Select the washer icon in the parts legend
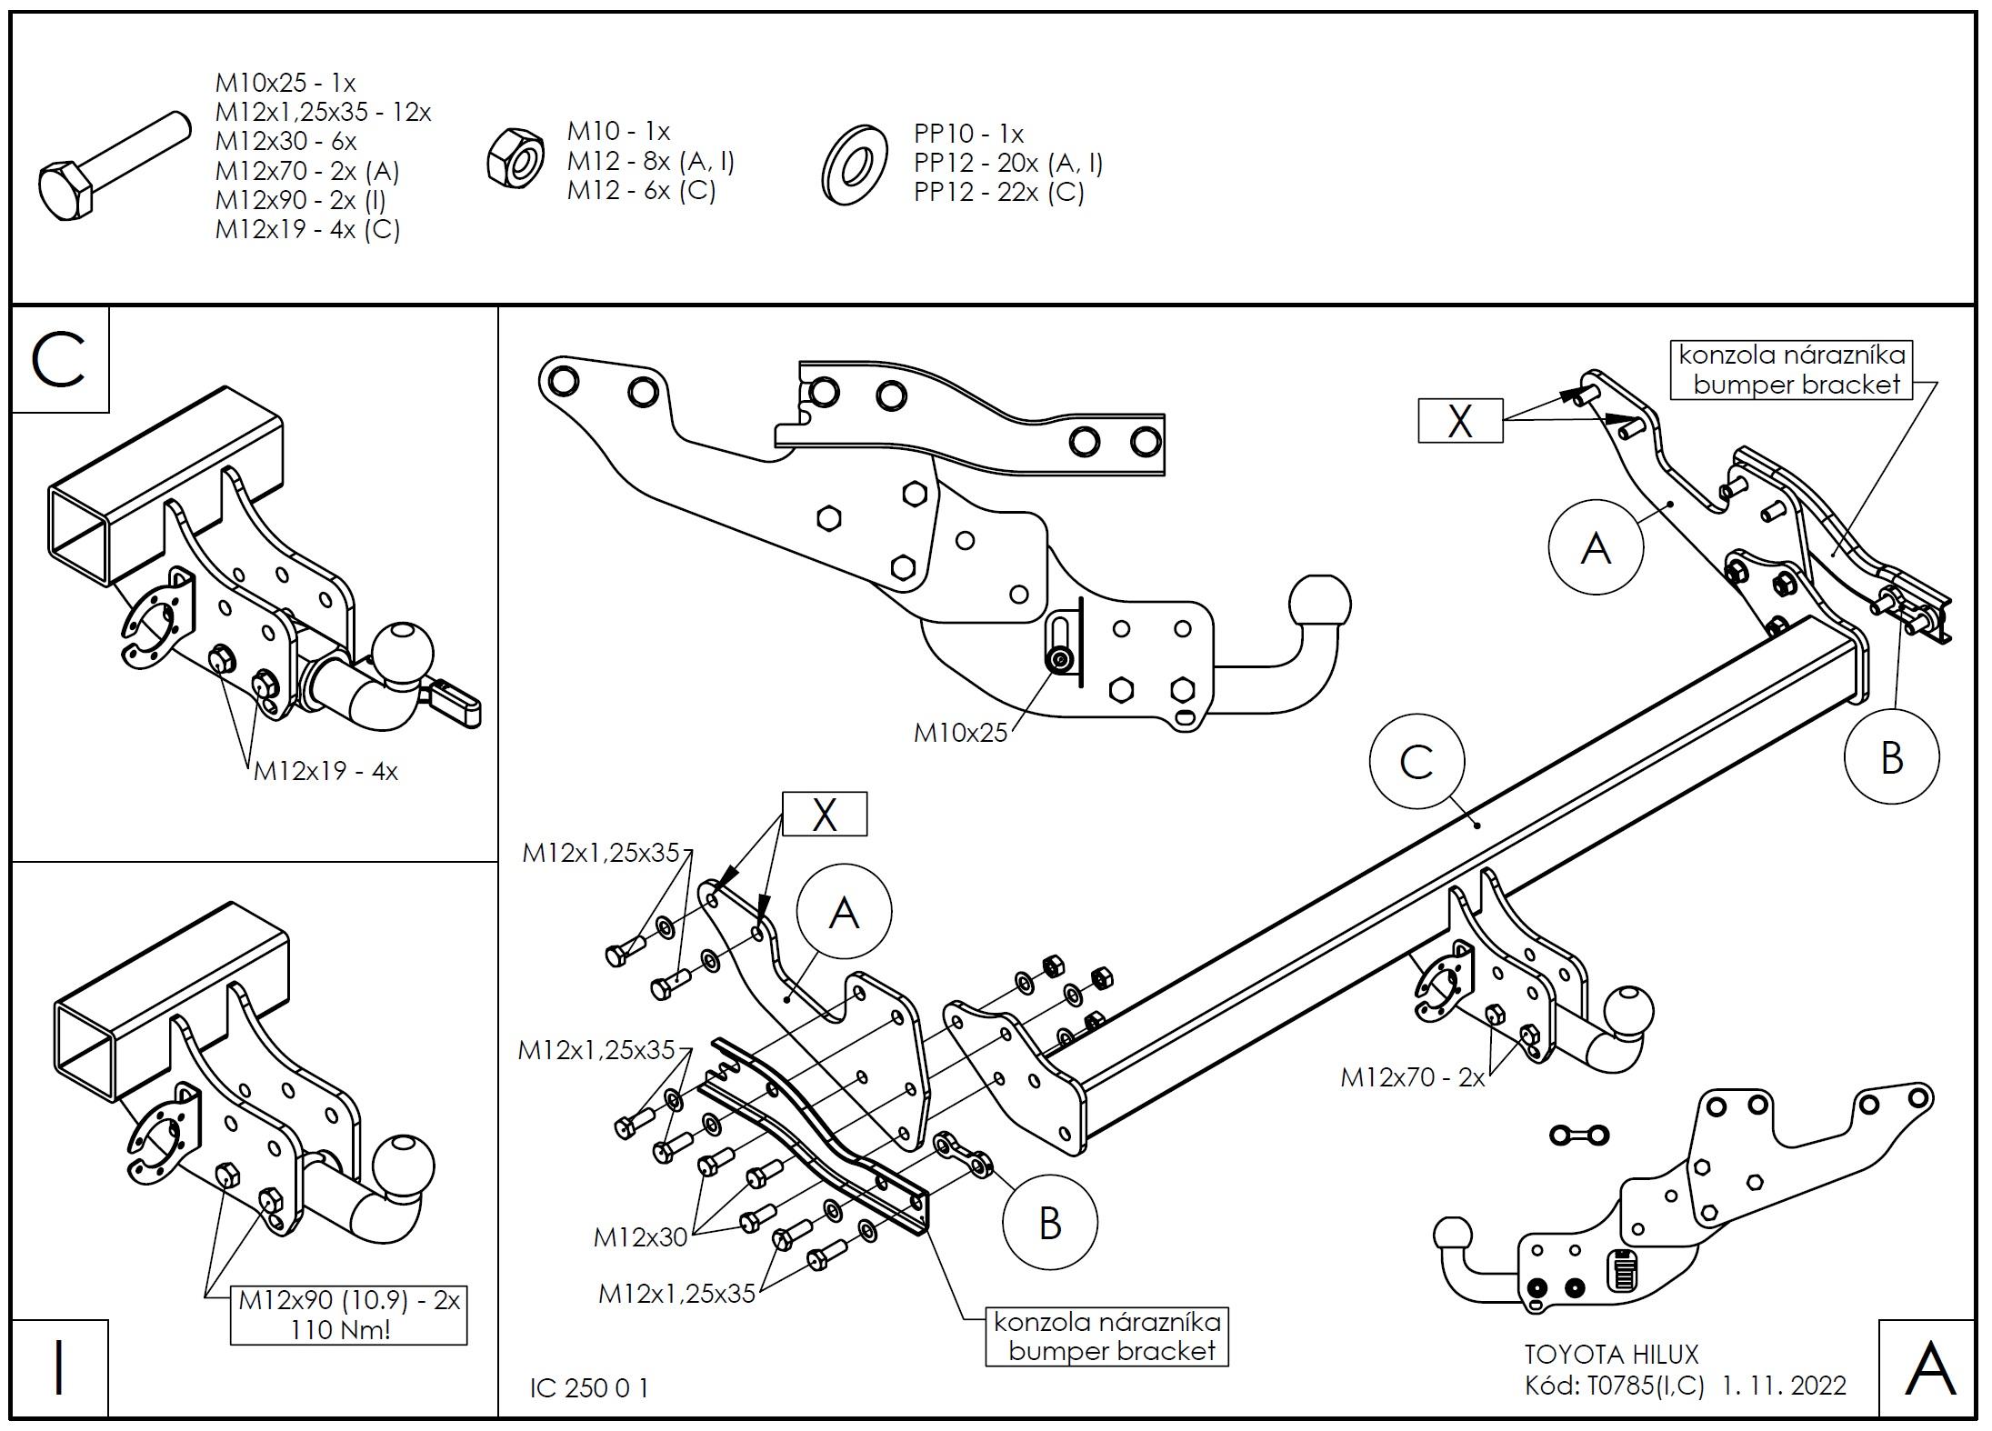[x=855, y=165]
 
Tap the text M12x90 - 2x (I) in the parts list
[x=300, y=200]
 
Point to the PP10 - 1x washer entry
[x=968, y=135]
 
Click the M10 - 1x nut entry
[x=618, y=132]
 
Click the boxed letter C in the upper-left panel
[x=59, y=360]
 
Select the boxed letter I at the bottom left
[x=59, y=1367]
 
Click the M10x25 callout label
[x=960, y=733]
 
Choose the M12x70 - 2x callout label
[x=1412, y=1078]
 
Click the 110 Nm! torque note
[x=341, y=1330]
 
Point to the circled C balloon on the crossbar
[x=1416, y=763]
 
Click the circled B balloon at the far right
[x=1891, y=757]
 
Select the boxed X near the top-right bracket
[x=1460, y=422]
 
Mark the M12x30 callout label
[x=640, y=1236]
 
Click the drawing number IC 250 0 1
[x=589, y=1388]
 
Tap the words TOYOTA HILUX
[x=1611, y=1355]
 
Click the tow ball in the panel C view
[x=403, y=654]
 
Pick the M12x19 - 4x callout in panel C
[x=325, y=771]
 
